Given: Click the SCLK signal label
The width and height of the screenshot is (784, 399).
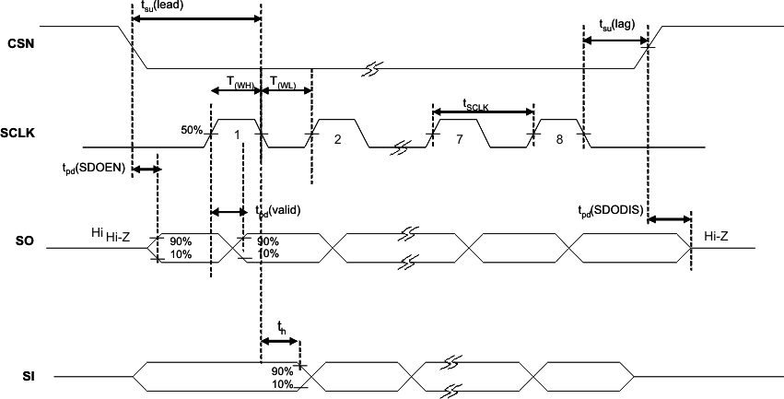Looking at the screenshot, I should point(22,135).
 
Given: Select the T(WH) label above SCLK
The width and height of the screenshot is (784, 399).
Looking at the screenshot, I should point(235,82).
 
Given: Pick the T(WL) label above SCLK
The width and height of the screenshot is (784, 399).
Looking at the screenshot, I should point(282,82).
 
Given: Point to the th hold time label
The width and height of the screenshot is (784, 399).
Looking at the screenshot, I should point(283,326).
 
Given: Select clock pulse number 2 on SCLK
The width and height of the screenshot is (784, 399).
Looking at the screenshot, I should point(337,138).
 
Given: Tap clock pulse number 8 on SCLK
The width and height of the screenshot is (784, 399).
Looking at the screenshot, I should point(558,136).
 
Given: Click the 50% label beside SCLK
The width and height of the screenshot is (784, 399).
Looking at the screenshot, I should point(191,130).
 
